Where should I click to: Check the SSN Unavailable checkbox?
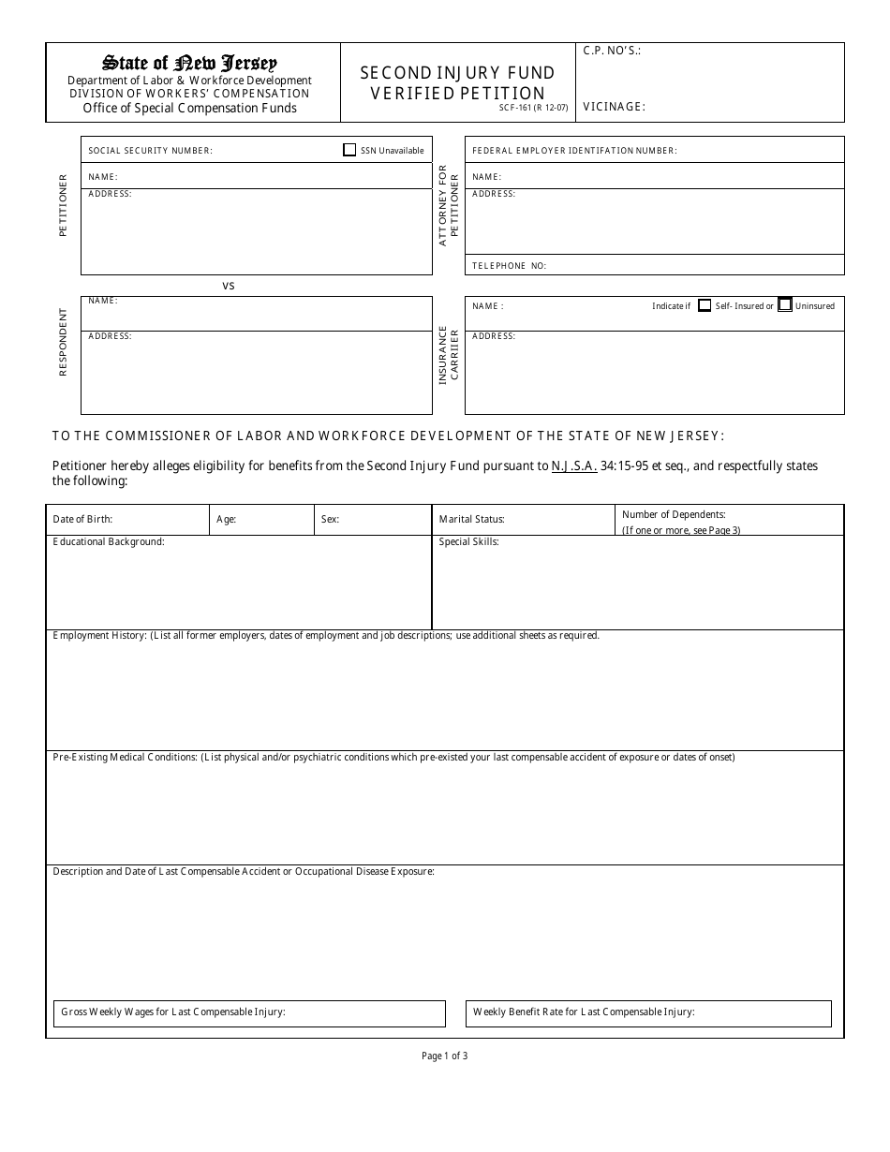pyautogui.click(x=349, y=150)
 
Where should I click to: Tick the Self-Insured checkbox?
pyautogui.click(x=705, y=305)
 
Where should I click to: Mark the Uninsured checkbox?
pyautogui.click(x=785, y=305)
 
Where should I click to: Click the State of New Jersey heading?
pyautogui.click(x=190, y=64)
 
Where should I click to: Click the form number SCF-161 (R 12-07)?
pyautogui.click(x=533, y=108)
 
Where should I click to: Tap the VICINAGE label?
pyautogui.click(x=614, y=107)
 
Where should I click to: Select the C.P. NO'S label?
pyautogui.click(x=612, y=52)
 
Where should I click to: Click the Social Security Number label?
pyautogui.click(x=150, y=151)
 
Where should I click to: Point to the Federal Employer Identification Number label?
pyautogui.click(x=574, y=151)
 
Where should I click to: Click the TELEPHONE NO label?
pyautogui.click(x=509, y=266)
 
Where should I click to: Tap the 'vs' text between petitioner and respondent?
pyautogui.click(x=229, y=286)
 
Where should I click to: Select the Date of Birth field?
pyautogui.click(x=127, y=519)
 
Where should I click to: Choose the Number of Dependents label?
pyautogui.click(x=674, y=514)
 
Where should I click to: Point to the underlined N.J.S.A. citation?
pyautogui.click(x=573, y=465)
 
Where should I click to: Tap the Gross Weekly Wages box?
pyautogui.click(x=249, y=1013)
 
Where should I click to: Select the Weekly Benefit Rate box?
pyautogui.click(x=648, y=1013)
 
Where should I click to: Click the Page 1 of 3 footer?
pyautogui.click(x=444, y=1056)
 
